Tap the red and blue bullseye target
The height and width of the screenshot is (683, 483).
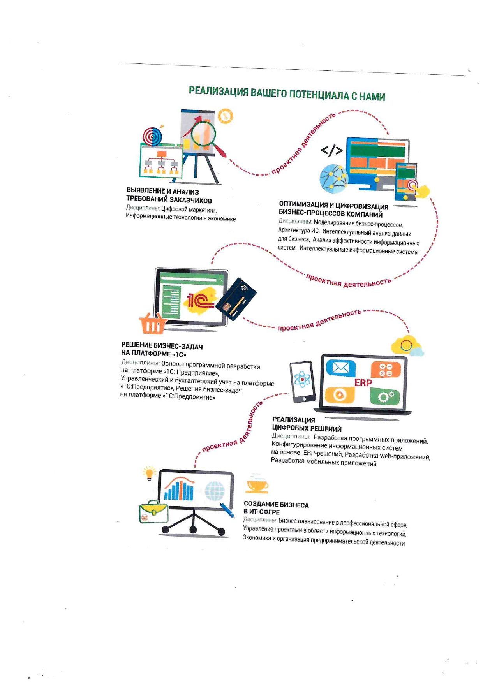[x=152, y=136]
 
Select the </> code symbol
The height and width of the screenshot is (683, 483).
[x=332, y=150]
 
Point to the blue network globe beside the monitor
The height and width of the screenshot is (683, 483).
[x=333, y=178]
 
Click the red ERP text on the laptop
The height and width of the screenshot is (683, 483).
[x=363, y=383]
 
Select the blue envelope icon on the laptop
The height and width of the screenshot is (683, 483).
[x=340, y=368]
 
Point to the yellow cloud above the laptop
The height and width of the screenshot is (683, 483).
[x=405, y=345]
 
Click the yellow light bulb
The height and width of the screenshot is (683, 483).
[x=149, y=473]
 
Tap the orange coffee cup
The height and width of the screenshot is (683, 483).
[x=257, y=485]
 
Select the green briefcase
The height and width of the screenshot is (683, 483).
[x=153, y=512]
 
